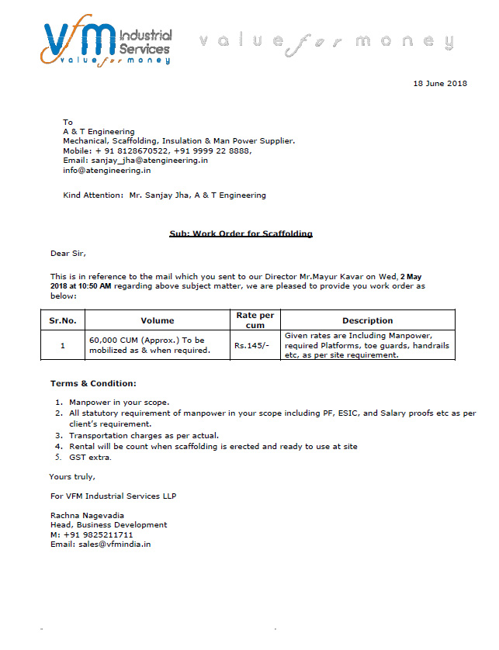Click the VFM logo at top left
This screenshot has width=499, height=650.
(x=107, y=43)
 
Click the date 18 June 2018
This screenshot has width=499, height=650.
(x=440, y=84)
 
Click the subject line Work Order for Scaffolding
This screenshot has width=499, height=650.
(x=241, y=233)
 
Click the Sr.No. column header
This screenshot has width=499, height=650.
(x=63, y=320)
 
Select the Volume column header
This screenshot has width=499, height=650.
(x=157, y=320)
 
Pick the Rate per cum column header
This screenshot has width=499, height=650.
(x=255, y=320)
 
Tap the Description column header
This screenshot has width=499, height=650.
(x=367, y=320)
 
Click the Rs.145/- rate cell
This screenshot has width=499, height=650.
(x=252, y=345)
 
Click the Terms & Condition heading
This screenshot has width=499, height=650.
(x=93, y=384)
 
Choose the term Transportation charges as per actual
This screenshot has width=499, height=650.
(x=144, y=436)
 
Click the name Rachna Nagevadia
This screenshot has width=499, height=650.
(x=88, y=515)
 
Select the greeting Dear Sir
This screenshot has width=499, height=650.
(x=68, y=254)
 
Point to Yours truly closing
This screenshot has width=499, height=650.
(x=72, y=476)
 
